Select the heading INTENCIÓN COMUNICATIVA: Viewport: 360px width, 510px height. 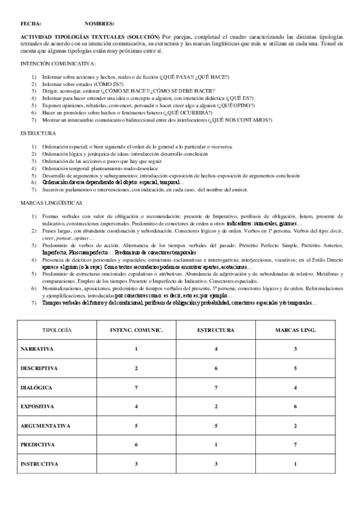(58, 64)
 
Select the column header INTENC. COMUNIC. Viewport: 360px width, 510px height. (136, 331)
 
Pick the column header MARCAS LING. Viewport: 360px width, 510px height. (295, 331)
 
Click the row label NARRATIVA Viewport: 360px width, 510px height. (37, 349)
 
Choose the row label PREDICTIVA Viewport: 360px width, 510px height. (38, 445)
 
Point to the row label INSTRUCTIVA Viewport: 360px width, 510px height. (40, 464)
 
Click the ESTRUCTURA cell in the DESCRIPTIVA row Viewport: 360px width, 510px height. (216, 368)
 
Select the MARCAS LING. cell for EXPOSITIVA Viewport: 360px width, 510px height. (295, 407)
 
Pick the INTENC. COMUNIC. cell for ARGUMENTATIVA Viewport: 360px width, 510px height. (136, 426)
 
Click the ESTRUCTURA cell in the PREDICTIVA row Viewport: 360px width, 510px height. (216, 445)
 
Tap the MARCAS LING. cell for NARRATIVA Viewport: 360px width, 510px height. (295, 349)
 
